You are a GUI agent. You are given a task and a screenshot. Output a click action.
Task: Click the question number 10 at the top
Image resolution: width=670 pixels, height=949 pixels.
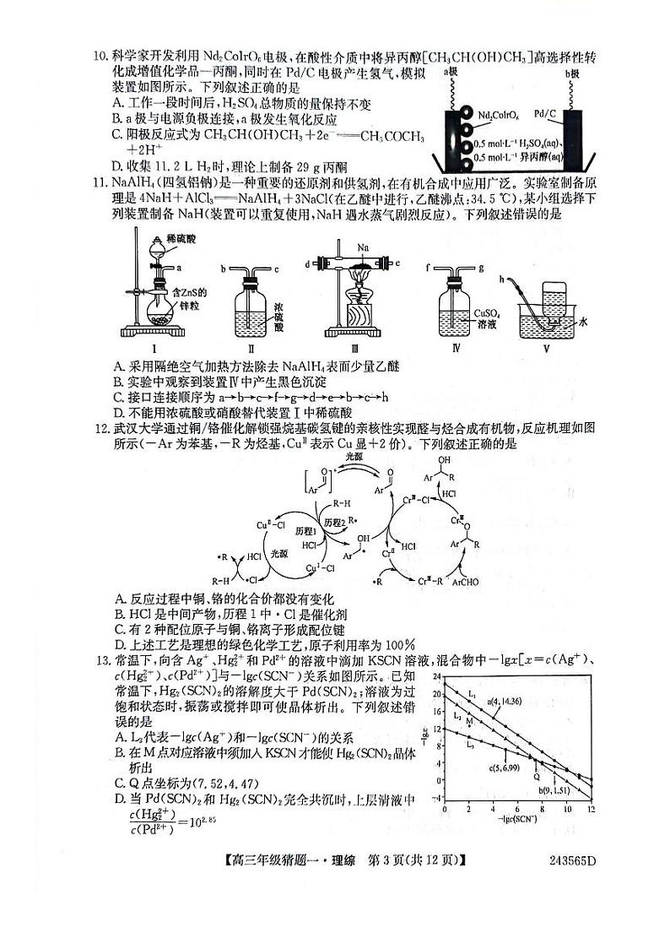(100, 57)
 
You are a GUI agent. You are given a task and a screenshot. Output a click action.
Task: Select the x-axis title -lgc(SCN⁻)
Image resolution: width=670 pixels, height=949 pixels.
(516, 820)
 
